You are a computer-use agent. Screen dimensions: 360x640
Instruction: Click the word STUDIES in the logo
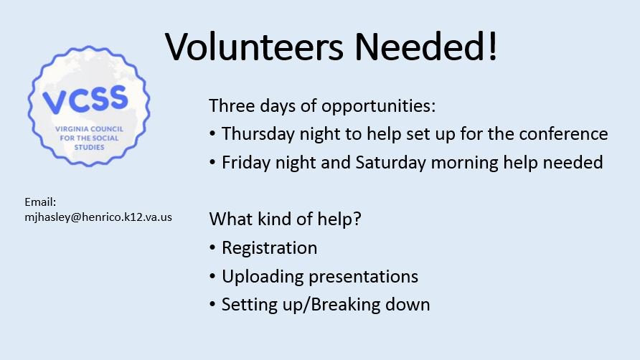[x=89, y=147]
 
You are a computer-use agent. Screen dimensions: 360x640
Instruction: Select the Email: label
[x=40, y=203]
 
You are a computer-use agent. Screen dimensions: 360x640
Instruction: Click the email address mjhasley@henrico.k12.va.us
[x=98, y=217]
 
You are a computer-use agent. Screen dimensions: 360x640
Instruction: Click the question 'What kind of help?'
[x=285, y=219]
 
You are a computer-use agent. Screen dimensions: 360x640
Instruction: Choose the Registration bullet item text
[x=269, y=248]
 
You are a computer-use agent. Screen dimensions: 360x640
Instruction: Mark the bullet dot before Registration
[x=213, y=248]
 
